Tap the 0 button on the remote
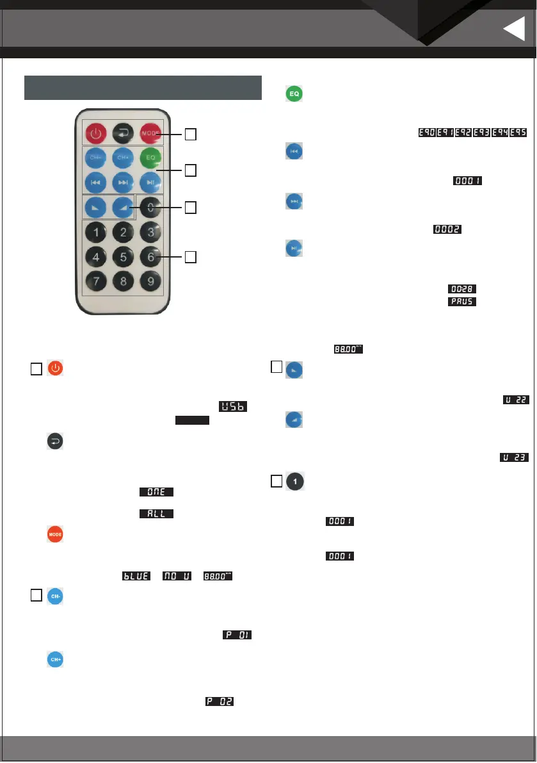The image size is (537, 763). coord(150,208)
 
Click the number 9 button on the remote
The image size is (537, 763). coord(150,280)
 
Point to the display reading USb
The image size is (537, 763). coord(234,406)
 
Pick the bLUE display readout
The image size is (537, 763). coord(136,577)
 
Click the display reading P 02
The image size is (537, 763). coord(220,701)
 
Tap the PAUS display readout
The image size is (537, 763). coord(461,301)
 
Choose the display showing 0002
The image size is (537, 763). coord(447,229)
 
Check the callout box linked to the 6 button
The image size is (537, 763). coord(191,257)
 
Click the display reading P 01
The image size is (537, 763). coord(237,635)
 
